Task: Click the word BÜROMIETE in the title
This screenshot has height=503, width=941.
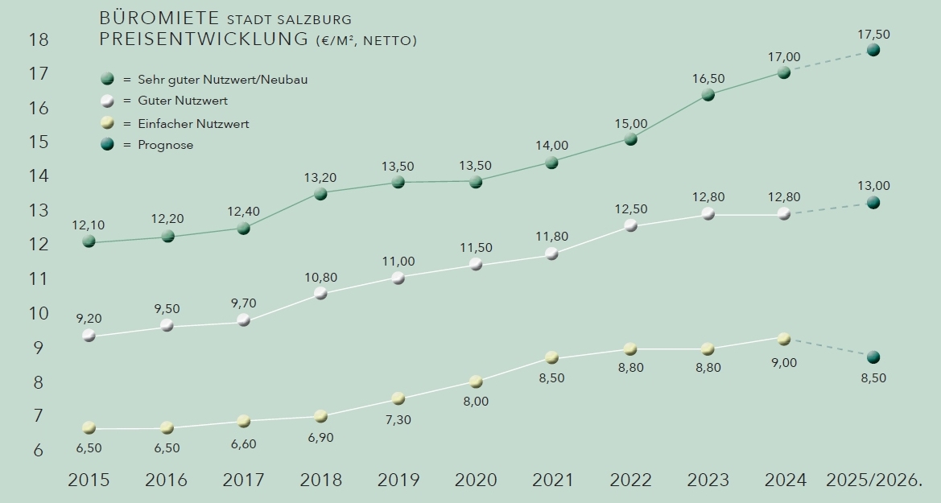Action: pyautogui.click(x=160, y=18)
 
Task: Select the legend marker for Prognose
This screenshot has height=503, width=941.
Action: pyautogui.click(x=107, y=145)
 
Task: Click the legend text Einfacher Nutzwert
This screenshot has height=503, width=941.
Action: pyautogui.click(x=193, y=124)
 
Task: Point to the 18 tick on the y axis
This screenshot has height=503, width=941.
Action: pyautogui.click(x=39, y=39)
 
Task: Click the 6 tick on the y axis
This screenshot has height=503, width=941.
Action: pyautogui.click(x=39, y=451)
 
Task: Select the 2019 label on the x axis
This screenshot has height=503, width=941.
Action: pyautogui.click(x=398, y=480)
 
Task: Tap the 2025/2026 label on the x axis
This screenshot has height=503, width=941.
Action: pyautogui.click(x=873, y=480)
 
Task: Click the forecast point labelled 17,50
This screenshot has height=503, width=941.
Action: pyautogui.click(x=873, y=50)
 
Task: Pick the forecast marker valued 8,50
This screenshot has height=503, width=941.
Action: pyautogui.click(x=873, y=357)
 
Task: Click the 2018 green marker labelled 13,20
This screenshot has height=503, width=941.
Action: pyautogui.click(x=320, y=194)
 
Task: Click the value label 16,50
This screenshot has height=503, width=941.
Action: pyautogui.click(x=708, y=78)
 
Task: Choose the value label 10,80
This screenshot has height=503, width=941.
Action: pyautogui.click(x=320, y=278)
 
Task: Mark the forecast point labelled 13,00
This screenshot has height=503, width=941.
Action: pyautogui.click(x=873, y=203)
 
